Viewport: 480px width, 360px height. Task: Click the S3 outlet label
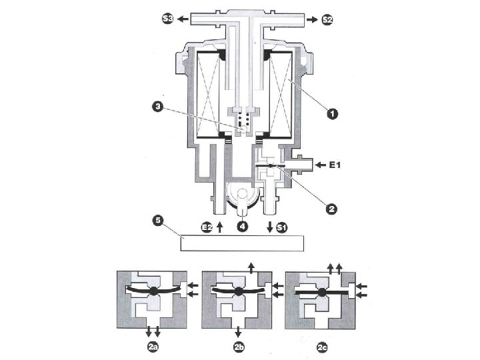pos(167,19)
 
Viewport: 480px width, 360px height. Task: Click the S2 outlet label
pos(327,19)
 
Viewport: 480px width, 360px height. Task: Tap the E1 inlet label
pos(335,165)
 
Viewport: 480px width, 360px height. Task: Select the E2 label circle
pos(207,227)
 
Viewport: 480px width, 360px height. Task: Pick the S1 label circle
pos(281,227)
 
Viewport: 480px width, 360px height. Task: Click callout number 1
pos(332,114)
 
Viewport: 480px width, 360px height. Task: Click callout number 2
pos(331,209)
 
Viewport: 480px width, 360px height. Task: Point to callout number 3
pos(157,107)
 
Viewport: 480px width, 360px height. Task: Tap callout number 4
pos(243,227)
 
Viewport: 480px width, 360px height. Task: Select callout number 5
pos(158,221)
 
